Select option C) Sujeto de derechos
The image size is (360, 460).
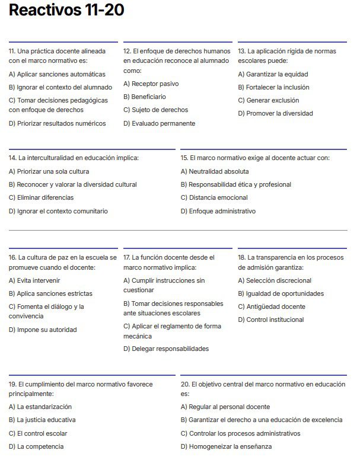155,110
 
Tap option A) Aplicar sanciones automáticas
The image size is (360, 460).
57,74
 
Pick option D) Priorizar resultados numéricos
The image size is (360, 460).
57,123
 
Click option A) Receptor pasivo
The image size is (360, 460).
151,84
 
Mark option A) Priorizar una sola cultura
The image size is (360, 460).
49,171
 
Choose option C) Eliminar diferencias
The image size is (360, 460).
42,197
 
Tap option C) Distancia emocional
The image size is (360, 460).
214,197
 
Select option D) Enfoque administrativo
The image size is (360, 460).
218,211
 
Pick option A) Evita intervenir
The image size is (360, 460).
34,280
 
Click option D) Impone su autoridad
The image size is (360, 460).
43,330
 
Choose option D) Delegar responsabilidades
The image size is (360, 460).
166,349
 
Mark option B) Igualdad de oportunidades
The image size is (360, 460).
281,293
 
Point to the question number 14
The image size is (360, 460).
12,158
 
